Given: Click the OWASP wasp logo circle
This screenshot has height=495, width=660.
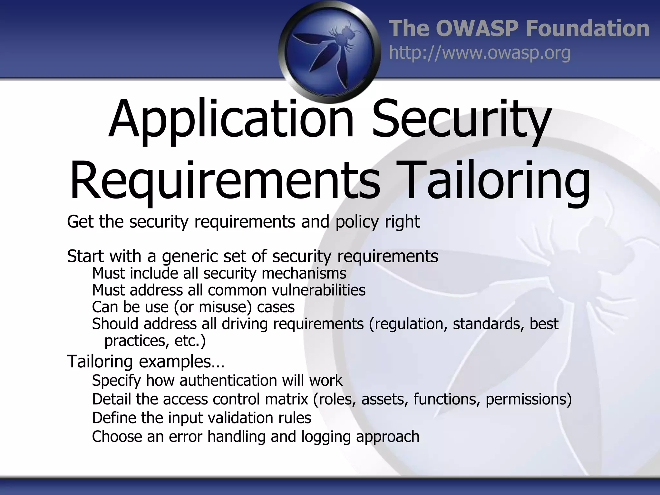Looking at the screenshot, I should pyautogui.click(x=329, y=52).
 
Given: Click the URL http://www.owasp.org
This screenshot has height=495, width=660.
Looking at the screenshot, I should pyautogui.click(x=480, y=53).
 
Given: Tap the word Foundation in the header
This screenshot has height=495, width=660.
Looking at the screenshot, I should pyautogui.click(x=587, y=28).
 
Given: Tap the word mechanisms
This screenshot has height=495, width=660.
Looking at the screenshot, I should pyautogui.click(x=304, y=273).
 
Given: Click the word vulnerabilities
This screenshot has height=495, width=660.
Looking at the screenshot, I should pyautogui.click(x=319, y=290).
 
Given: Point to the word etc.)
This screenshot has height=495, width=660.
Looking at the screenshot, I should pyautogui.click(x=190, y=341).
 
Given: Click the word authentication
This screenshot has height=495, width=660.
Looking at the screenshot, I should pyautogui.click(x=228, y=381).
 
